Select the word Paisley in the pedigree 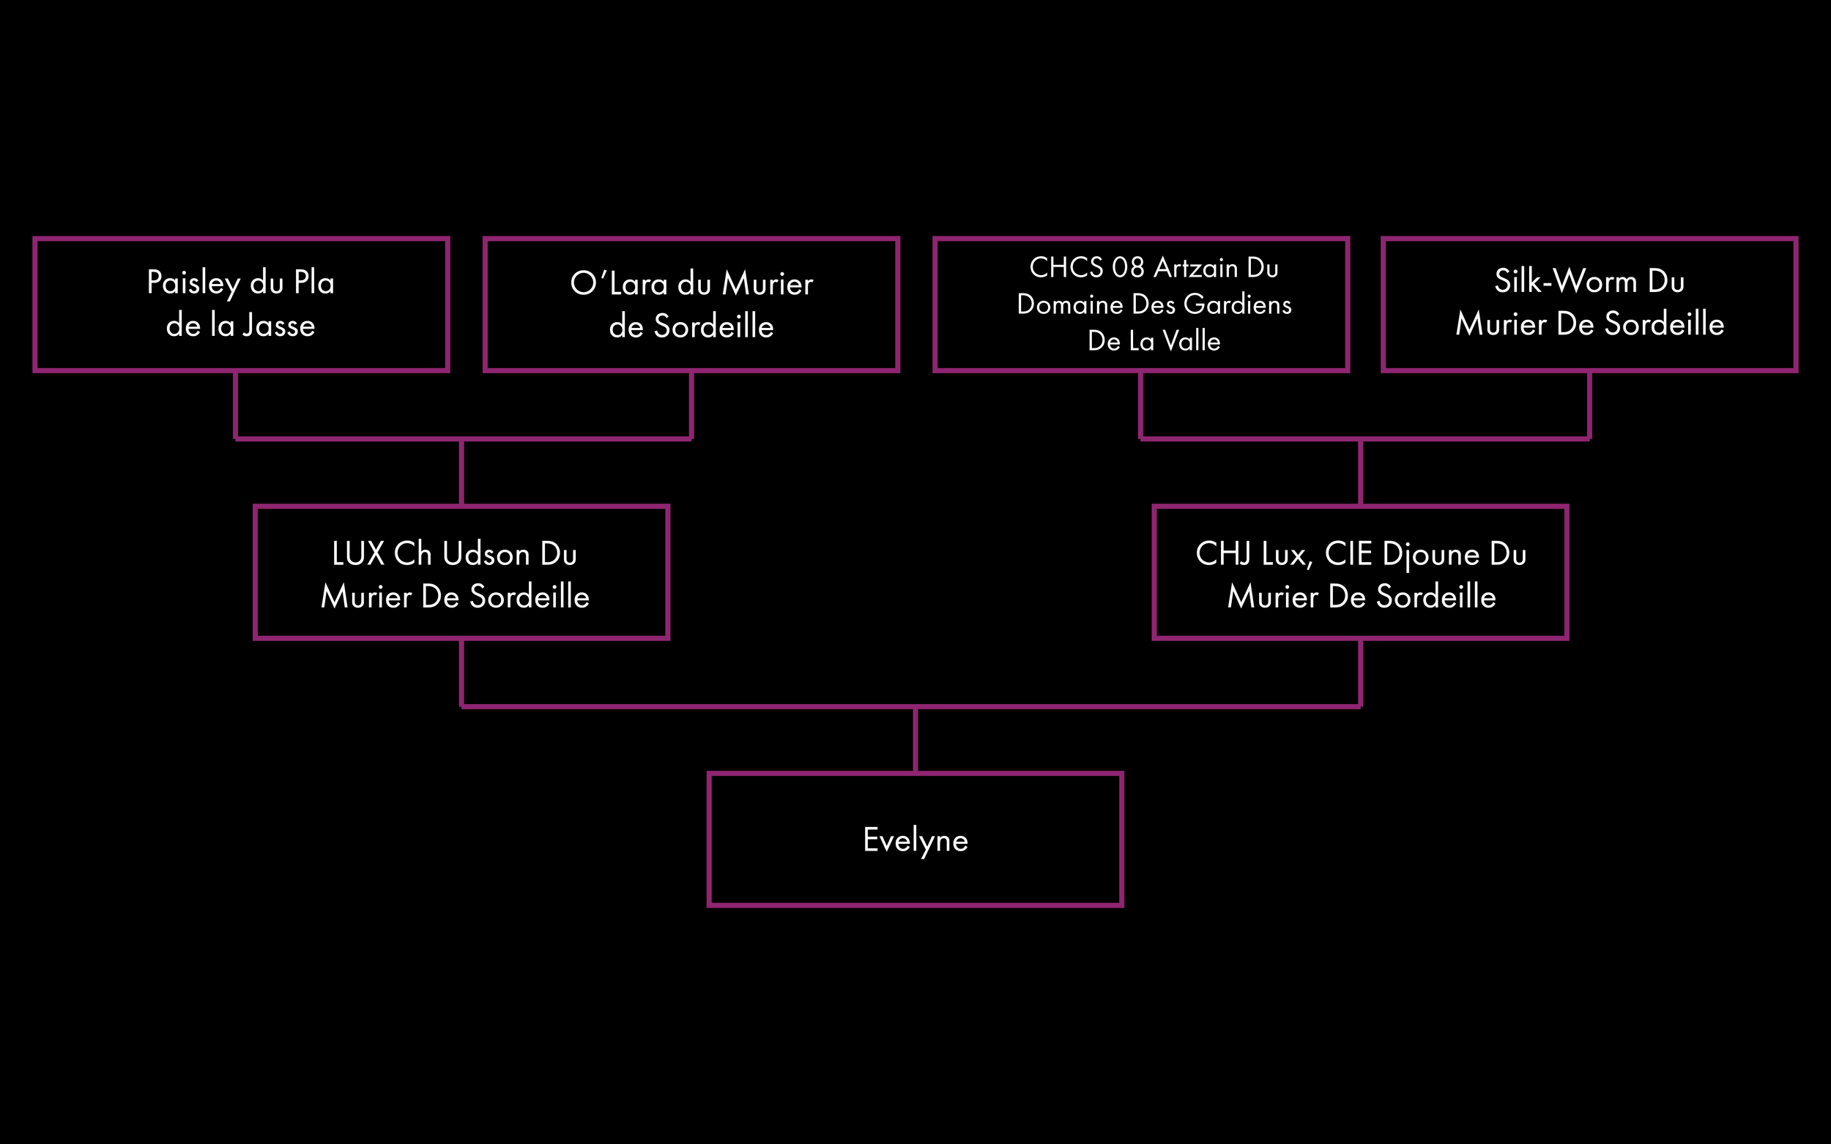(193, 283)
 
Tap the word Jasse (278, 326)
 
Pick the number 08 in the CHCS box (1128, 268)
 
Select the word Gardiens (1237, 304)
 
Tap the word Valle (1192, 341)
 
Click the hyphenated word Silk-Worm (1565, 282)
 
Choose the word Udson (486, 554)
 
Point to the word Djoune (1430, 555)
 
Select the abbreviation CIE (1348, 554)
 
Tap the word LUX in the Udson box (358, 554)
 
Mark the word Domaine (1069, 304)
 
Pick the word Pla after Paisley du (314, 283)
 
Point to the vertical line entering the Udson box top (461, 472)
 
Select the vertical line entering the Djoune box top (1360, 472)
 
